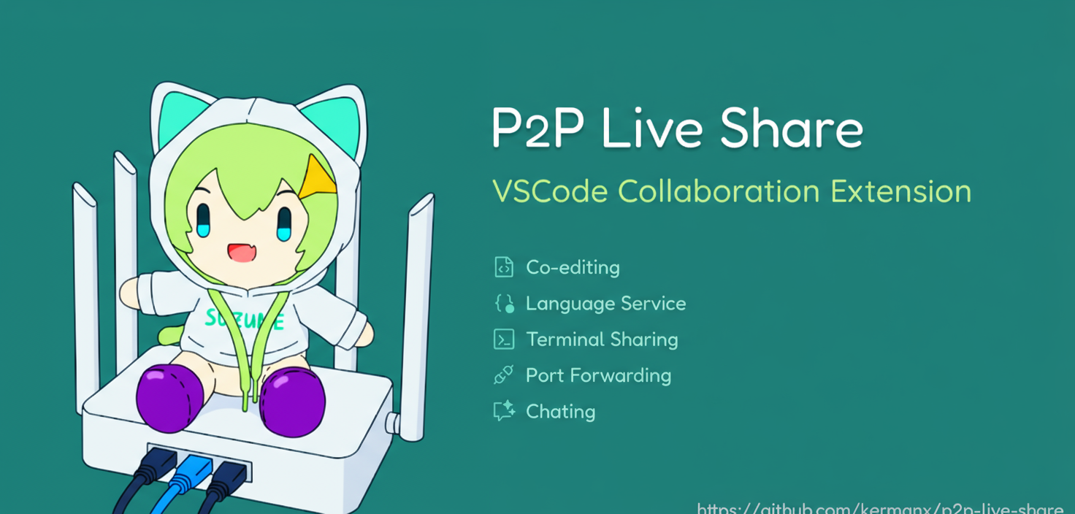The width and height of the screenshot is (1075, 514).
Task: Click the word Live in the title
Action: tap(652, 128)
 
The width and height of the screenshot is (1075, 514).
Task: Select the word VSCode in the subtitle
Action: tap(548, 191)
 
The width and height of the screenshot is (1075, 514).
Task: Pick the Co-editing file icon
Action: tap(504, 267)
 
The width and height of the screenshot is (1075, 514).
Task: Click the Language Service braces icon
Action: tap(504, 303)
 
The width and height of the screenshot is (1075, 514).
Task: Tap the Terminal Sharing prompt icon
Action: tap(504, 340)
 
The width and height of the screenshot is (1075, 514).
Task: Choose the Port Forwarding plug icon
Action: tap(504, 375)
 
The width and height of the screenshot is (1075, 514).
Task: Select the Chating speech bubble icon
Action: tap(504, 411)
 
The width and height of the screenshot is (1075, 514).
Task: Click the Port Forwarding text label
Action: tap(598, 375)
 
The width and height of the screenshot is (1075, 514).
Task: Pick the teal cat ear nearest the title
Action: tap(331, 121)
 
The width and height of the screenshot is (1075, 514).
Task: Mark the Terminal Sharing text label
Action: tap(602, 340)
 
